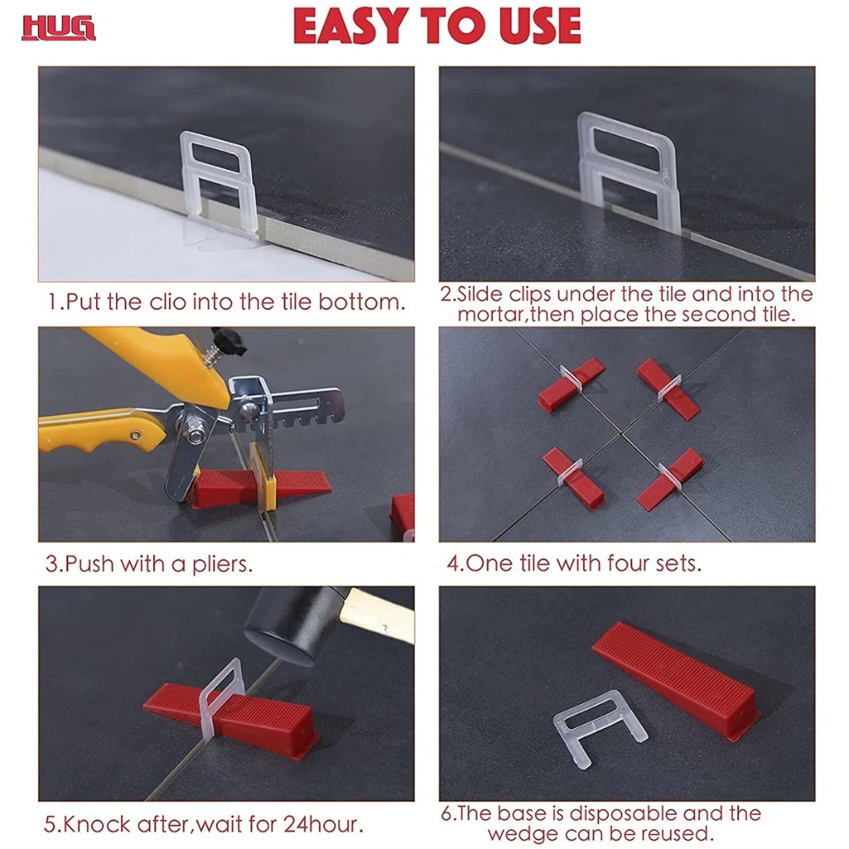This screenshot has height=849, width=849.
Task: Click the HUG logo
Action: coord(59,28)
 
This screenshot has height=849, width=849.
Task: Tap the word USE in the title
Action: coord(540,26)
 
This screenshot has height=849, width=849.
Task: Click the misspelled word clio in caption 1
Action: coord(167,302)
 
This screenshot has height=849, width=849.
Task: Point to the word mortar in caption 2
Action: coord(491,314)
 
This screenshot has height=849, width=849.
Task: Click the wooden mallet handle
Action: coord(377,614)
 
